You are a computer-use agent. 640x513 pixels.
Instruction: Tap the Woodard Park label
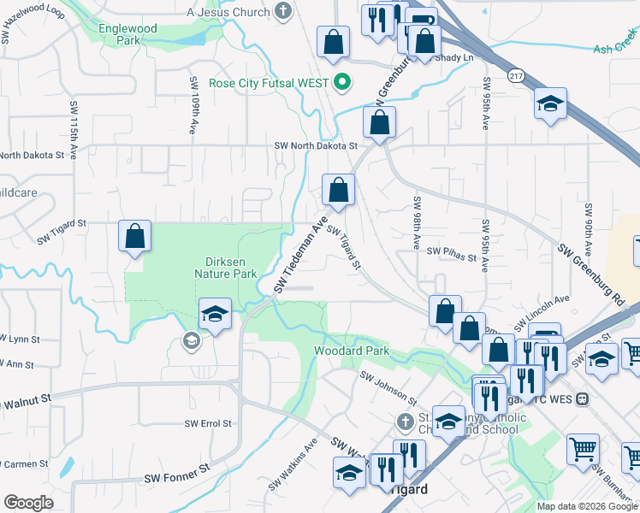(352, 351)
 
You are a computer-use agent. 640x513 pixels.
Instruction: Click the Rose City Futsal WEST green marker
(341, 83)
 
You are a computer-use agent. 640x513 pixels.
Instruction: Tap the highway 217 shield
(516, 74)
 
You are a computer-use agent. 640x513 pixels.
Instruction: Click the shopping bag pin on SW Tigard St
(134, 237)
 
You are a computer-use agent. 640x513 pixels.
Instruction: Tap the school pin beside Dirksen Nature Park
(216, 314)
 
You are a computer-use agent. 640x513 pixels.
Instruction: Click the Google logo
(28, 503)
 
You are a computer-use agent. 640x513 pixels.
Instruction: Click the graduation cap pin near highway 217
(551, 104)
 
